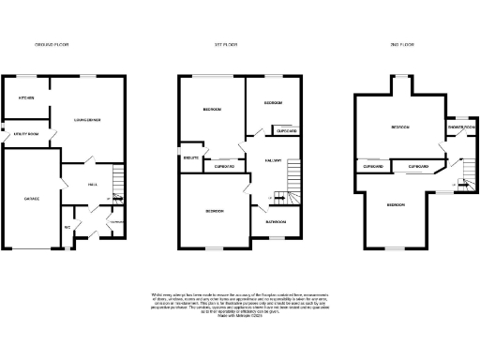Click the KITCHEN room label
pos(26,98)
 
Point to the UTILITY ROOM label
pos(25,135)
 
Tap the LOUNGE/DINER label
pos(88,120)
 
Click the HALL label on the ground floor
pos(93,184)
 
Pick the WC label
pos(67,227)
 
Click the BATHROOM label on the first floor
pos(276,222)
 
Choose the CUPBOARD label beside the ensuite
pos(224,168)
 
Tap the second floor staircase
pos(462,175)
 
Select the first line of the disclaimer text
pos(239,294)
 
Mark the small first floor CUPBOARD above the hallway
pos(284,131)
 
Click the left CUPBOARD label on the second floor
pos(372,167)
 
